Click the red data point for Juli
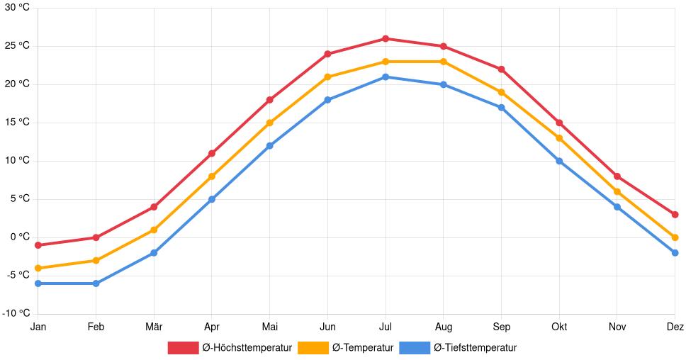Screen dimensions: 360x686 click(x=386, y=38)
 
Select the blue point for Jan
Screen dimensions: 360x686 click(x=38, y=283)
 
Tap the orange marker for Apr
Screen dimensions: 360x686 click(x=212, y=176)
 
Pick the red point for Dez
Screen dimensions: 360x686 click(x=675, y=215)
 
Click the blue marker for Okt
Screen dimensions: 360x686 click(x=559, y=161)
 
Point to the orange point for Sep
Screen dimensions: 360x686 click(x=501, y=92)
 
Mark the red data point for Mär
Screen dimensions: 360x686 click(x=154, y=207)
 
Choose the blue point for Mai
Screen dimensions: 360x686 click(x=269, y=146)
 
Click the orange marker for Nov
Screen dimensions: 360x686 click(x=617, y=191)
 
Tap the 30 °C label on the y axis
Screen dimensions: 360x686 click(x=17, y=8)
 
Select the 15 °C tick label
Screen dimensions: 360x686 click(x=17, y=123)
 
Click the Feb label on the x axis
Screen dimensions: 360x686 click(x=96, y=327)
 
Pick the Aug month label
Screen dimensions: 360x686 click(x=443, y=327)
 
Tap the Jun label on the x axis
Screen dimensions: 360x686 click(x=327, y=327)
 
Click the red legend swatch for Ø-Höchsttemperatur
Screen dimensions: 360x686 click(x=183, y=348)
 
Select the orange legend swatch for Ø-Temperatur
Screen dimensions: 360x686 click(x=313, y=348)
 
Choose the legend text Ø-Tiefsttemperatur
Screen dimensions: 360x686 click(x=475, y=348)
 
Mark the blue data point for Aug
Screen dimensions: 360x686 click(x=444, y=84)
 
